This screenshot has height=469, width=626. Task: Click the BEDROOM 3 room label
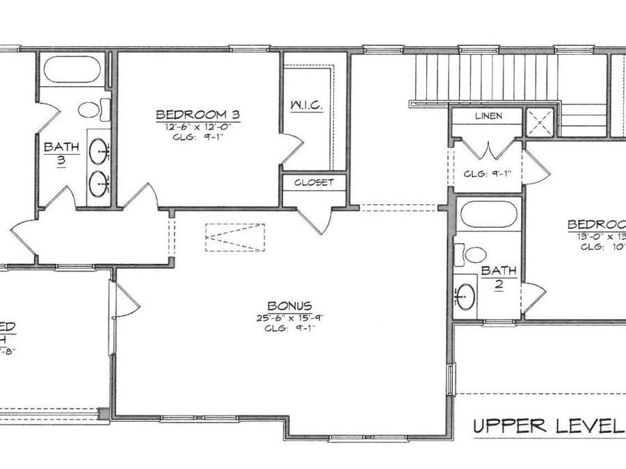(198, 114)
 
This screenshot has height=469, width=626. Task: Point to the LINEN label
(489, 116)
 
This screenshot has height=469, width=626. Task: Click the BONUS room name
(289, 306)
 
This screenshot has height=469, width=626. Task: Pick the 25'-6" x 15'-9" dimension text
(289, 318)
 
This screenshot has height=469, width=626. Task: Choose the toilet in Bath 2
(471, 254)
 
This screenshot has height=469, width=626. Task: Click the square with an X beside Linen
(540, 122)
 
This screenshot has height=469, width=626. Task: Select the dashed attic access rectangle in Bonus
(235, 238)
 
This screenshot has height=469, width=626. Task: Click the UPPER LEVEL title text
(548, 426)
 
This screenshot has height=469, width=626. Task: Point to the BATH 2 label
(499, 276)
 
